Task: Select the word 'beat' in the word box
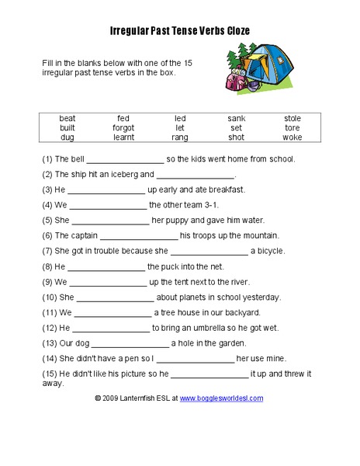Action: [x=67, y=118]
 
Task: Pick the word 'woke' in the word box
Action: [x=292, y=137]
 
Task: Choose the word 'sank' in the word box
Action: [x=237, y=118]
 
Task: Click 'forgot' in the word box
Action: [x=123, y=127]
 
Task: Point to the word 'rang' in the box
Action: [x=180, y=137]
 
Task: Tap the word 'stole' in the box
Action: [x=292, y=118]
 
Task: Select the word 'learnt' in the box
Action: [x=123, y=137]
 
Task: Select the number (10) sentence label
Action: [x=50, y=297]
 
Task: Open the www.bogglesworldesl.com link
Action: [x=222, y=398]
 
